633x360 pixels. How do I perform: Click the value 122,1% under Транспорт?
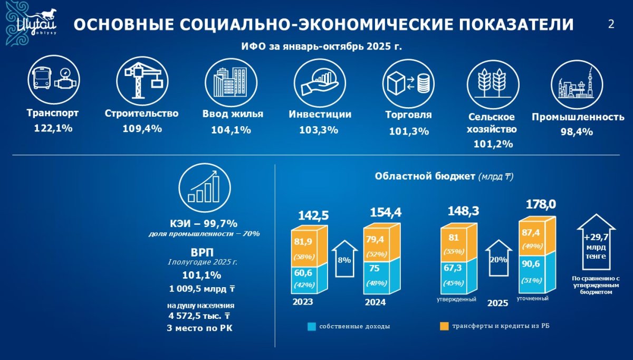pyautogui.click(x=53, y=128)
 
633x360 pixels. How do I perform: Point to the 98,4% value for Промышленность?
pyautogui.click(x=577, y=132)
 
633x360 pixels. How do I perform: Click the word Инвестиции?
pyautogui.click(x=320, y=114)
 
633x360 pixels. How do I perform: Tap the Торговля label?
pyautogui.click(x=408, y=115)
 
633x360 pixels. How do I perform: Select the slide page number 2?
pyautogui.click(x=611, y=24)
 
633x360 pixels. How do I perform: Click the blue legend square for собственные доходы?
pyautogui.click(x=311, y=326)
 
